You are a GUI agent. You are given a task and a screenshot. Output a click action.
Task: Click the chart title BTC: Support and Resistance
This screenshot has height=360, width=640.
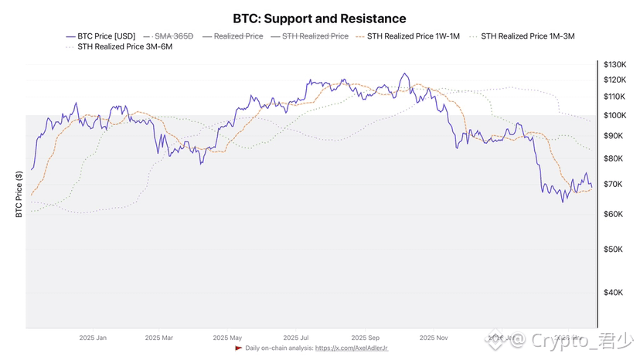click(x=319, y=19)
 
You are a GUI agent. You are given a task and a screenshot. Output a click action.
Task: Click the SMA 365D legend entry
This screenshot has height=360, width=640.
click(x=170, y=36)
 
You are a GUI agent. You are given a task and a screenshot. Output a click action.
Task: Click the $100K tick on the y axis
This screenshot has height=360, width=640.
click(x=616, y=115)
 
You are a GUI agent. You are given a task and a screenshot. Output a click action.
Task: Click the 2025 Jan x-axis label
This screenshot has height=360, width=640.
click(x=93, y=338)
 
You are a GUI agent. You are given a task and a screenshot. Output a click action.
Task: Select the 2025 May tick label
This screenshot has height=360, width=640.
click(x=228, y=338)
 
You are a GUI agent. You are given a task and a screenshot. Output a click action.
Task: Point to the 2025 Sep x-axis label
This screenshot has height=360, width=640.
click(x=365, y=338)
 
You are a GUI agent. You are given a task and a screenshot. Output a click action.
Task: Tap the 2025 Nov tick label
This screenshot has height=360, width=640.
click(x=434, y=338)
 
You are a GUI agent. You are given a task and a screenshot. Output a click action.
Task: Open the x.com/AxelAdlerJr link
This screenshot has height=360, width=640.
click(x=356, y=348)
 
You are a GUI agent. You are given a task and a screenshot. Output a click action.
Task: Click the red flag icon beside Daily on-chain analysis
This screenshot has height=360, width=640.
click(x=239, y=348)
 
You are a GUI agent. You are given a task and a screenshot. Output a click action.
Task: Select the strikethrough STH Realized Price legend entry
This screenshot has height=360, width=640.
click(x=315, y=36)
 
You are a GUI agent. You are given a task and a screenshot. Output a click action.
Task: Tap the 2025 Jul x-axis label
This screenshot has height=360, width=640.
click(x=297, y=338)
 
